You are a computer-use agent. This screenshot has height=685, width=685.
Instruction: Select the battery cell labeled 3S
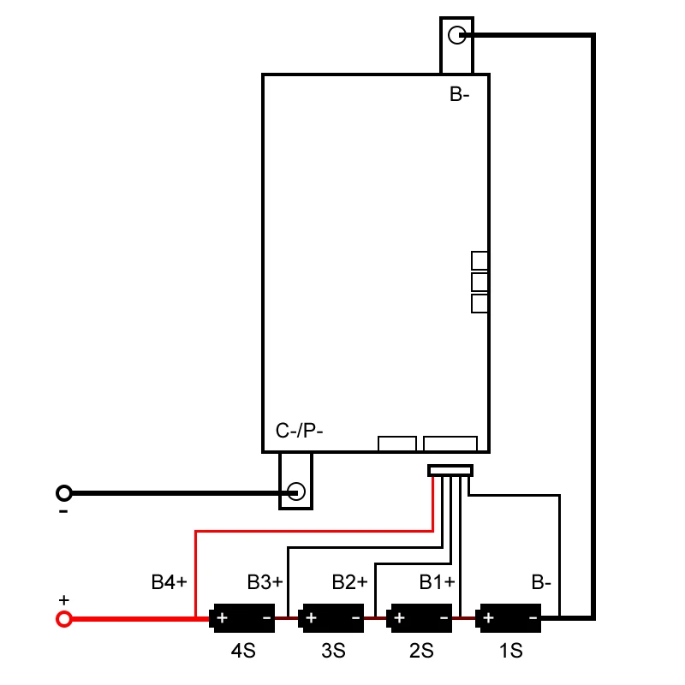[332, 616]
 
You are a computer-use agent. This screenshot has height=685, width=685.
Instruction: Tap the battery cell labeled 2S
[420, 616]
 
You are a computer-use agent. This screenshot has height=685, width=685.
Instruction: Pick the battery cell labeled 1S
[510, 616]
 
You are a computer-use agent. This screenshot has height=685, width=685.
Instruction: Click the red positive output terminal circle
[63, 618]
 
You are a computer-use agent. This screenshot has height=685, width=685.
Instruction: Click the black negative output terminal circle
[63, 492]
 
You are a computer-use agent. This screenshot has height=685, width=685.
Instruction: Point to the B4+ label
[169, 583]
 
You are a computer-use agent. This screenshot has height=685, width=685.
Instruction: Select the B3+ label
[265, 583]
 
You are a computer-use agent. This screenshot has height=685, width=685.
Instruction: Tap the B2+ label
[349, 583]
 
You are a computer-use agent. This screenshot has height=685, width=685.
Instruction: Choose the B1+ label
[437, 583]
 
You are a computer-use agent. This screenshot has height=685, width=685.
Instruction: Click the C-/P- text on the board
[299, 431]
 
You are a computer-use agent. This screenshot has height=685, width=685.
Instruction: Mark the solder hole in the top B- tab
[457, 35]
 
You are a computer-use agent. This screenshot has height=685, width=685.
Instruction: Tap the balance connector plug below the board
[450, 470]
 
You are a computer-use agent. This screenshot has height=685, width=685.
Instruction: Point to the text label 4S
[243, 652]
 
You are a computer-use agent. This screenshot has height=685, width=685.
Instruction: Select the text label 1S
[510, 652]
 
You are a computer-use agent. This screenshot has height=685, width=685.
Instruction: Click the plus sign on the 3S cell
[311, 616]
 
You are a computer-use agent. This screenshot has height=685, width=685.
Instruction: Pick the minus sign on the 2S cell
[444, 616]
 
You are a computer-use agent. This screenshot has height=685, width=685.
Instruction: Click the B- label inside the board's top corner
[460, 95]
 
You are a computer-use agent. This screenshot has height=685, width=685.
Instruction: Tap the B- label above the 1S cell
[541, 583]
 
